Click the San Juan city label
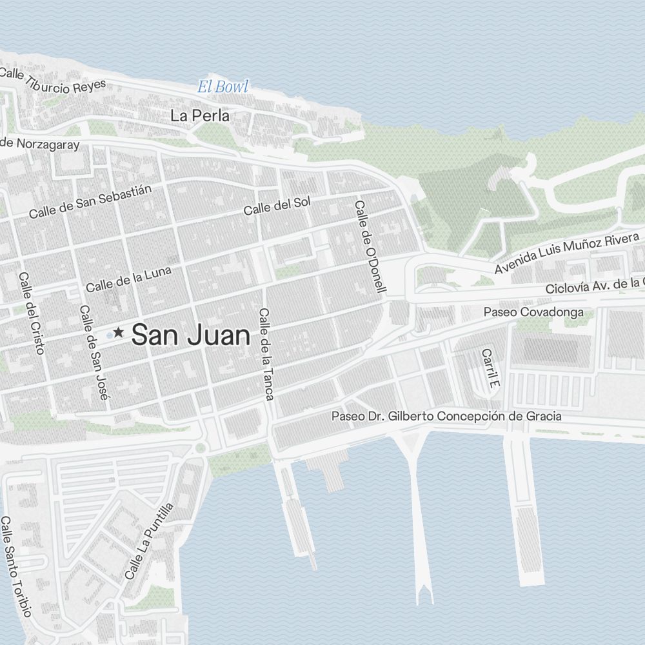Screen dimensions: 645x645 pyautogui.click(x=190, y=335)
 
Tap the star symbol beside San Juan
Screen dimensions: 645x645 pyautogui.click(x=119, y=333)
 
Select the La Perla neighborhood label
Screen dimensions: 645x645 pyautogui.click(x=199, y=116)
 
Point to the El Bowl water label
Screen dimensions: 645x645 pyautogui.click(x=223, y=86)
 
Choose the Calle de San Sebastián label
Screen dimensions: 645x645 pyautogui.click(x=90, y=201)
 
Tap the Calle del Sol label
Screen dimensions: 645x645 pyautogui.click(x=277, y=205)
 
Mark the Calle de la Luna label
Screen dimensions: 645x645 pyautogui.click(x=128, y=278)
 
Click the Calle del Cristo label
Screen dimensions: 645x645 pyautogui.click(x=32, y=313)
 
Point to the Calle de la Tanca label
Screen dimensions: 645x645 pyautogui.click(x=266, y=353)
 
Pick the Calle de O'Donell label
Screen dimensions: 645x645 pyautogui.click(x=370, y=247)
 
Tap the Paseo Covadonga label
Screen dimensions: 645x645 pyautogui.click(x=533, y=312)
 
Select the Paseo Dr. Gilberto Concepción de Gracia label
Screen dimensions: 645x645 pyautogui.click(x=446, y=416)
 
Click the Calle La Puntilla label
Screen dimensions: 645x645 pyautogui.click(x=149, y=541)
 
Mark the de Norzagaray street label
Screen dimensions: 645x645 pyautogui.click(x=40, y=144)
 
